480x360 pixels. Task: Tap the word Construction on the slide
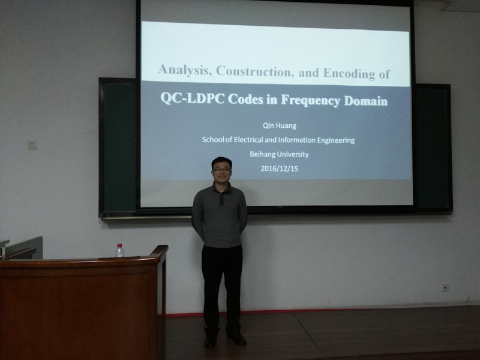point(253,71)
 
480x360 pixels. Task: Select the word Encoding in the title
point(349,73)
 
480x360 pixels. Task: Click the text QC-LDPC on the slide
point(193,98)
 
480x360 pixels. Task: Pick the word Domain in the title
point(366,101)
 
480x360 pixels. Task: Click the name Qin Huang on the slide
point(280,125)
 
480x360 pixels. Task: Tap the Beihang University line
point(279,154)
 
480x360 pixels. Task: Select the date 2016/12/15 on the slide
point(279,169)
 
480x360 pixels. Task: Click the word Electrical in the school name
point(248,140)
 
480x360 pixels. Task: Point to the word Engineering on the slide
point(336,140)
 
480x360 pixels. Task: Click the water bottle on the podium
point(119,250)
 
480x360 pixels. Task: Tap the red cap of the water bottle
point(119,245)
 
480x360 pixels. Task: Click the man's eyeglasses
point(221,169)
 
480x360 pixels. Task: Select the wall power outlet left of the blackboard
point(32,145)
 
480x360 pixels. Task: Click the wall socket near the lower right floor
point(445,287)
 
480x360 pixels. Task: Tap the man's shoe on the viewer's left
point(211,341)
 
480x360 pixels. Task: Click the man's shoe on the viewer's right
point(236,338)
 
